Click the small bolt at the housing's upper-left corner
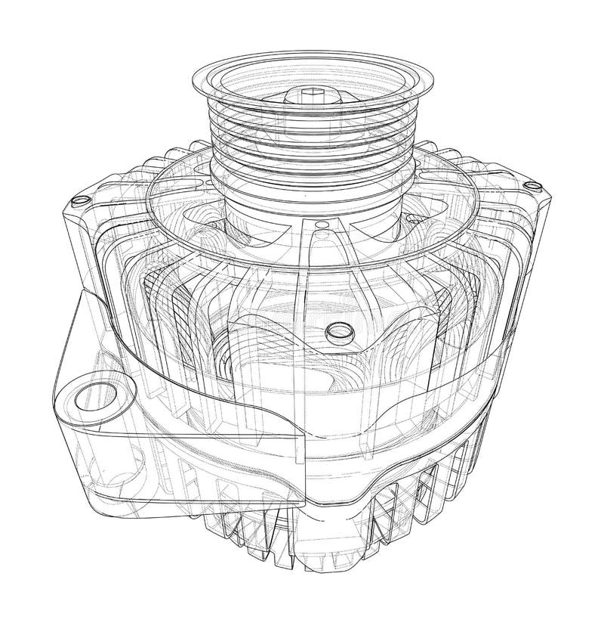tap(76, 200)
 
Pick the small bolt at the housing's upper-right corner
tap(535, 185)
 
